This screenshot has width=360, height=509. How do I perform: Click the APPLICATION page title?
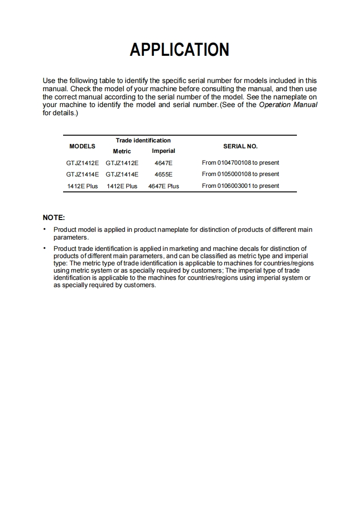pos(179,49)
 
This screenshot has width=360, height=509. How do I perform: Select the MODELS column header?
pos(82,146)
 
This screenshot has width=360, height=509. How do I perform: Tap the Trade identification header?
pos(143,140)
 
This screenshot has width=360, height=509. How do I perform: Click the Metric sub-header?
pos(122,151)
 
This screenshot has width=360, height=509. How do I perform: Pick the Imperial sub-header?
pos(163,151)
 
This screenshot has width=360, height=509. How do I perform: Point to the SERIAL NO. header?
pos(240,146)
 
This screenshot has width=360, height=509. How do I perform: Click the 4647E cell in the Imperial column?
pos(163,163)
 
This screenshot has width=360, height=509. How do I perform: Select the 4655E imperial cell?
pos(163,174)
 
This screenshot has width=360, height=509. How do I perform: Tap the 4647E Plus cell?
pos(163,186)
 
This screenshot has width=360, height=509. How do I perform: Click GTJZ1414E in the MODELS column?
pos(82,174)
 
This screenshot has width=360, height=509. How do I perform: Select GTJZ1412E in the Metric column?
pos(122,163)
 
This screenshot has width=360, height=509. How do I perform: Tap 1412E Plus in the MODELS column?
pos(82,186)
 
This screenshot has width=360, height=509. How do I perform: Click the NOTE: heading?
pos(54,218)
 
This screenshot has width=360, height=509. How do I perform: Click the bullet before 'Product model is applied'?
pos(44,229)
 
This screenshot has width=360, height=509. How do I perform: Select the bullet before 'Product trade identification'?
pos(44,248)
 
